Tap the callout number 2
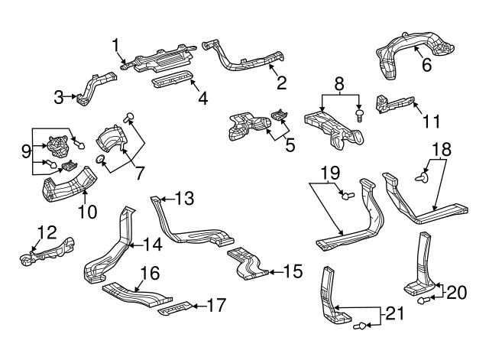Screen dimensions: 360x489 [281, 82]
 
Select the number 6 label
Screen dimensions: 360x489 [426, 66]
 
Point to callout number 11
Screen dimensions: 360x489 [432, 120]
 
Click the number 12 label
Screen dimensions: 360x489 [47, 231]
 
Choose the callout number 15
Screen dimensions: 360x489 [293, 271]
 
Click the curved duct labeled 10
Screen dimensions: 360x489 [68, 190]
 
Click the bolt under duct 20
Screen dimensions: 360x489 [422, 301]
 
